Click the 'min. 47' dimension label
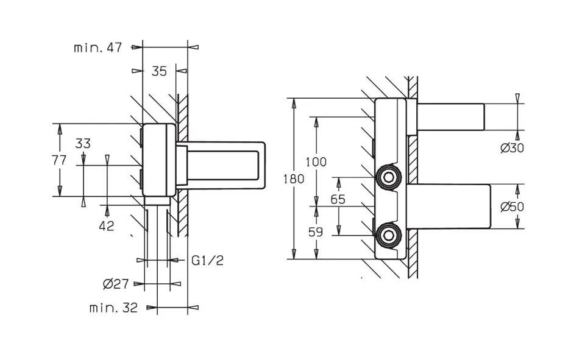point(97,48)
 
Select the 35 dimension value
point(159,71)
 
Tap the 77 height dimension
point(59,160)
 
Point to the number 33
point(83,143)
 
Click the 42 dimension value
point(106,226)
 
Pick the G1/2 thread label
point(207,260)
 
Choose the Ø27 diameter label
point(116,284)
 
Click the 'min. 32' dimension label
point(113,308)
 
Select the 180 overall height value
point(294,179)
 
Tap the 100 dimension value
point(316,162)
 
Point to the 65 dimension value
point(338,199)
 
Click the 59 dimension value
point(315,232)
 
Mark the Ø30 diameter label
point(512,148)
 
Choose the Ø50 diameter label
point(512,206)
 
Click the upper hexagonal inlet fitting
point(388,177)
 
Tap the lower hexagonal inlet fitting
point(388,235)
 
